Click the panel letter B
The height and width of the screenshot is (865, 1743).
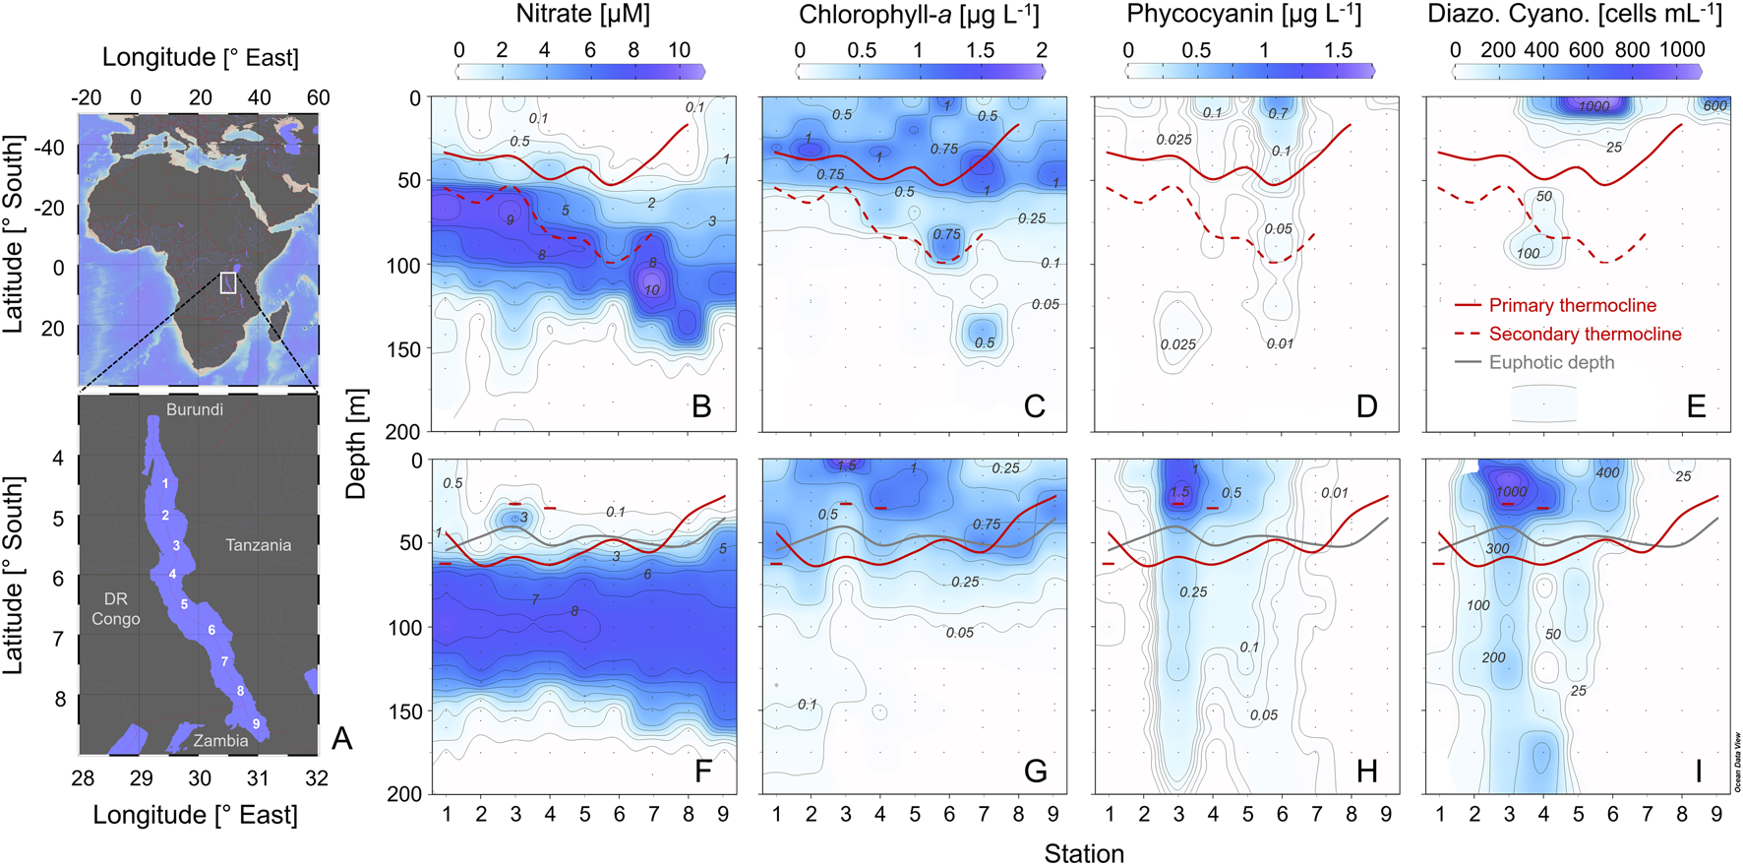click(701, 405)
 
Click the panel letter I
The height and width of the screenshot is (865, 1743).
click(1698, 771)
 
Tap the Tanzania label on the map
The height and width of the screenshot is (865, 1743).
click(258, 545)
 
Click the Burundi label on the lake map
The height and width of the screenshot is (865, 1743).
click(194, 409)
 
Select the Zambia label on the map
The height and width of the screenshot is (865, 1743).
click(220, 741)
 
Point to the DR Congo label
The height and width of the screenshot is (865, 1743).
click(116, 609)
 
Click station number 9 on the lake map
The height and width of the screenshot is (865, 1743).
click(256, 723)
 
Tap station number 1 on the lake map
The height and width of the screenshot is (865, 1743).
click(165, 483)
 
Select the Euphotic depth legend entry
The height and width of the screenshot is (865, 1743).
click(1551, 363)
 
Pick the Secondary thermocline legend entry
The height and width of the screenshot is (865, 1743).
click(1585, 335)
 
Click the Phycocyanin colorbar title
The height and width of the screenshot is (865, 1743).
click(1243, 15)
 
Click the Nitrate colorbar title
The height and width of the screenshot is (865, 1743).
click(582, 15)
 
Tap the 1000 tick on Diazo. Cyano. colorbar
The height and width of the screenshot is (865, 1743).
click(1682, 50)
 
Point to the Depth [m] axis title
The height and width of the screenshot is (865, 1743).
click(357, 443)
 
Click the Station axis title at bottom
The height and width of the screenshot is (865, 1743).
click(1084, 852)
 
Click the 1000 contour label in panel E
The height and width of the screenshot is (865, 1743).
click(1593, 106)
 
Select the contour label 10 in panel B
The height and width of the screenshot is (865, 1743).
click(652, 290)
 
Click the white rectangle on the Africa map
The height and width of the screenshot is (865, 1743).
click(228, 282)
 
